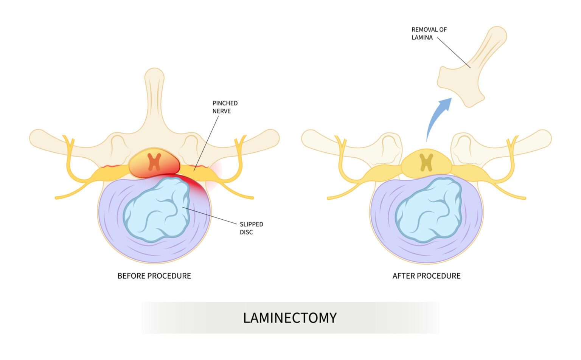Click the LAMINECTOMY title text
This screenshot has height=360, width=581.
tap(290, 318)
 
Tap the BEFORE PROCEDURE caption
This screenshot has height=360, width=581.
tap(154, 276)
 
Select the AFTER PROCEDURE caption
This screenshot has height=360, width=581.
tap(426, 276)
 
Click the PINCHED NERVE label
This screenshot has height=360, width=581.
tap(225, 107)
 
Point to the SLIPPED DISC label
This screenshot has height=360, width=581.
tap(251, 228)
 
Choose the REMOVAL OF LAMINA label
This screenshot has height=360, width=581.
tap(429, 33)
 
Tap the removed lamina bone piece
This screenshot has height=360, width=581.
tap(469, 72)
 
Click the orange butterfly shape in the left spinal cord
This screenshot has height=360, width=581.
tap(154, 162)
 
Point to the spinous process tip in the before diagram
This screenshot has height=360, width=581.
tap(154, 76)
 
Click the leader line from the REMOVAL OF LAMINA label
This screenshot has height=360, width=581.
tap(454, 53)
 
